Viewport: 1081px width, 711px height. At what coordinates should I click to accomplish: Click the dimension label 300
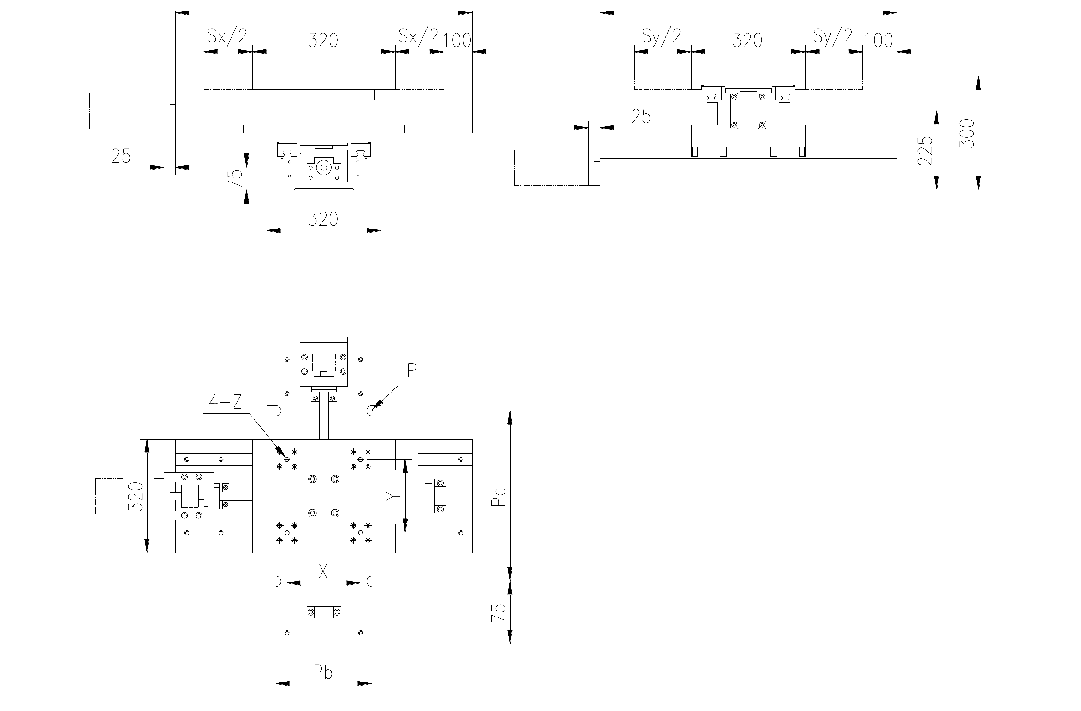pyautogui.click(x=967, y=133)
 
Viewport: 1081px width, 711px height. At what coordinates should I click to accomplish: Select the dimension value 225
pyautogui.click(x=925, y=150)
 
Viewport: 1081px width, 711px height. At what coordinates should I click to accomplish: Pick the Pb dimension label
pyautogui.click(x=323, y=672)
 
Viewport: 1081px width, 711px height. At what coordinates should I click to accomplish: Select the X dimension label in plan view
pyautogui.click(x=323, y=572)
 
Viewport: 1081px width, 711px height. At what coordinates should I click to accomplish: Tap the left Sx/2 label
pyautogui.click(x=227, y=35)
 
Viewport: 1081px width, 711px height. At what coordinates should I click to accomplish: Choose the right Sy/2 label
pyautogui.click(x=833, y=35)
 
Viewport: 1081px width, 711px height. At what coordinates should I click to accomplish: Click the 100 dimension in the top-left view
pyautogui.click(x=457, y=41)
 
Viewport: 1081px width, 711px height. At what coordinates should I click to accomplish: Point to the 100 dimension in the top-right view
pyautogui.click(x=879, y=41)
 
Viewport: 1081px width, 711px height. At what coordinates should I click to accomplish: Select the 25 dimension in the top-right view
pyautogui.click(x=641, y=117)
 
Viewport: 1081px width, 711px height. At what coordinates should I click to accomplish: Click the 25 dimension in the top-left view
pyautogui.click(x=121, y=157)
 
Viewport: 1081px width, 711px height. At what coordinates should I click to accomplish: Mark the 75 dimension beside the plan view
pyautogui.click(x=499, y=613)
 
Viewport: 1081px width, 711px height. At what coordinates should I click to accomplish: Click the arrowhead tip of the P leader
pyautogui.click(x=371, y=410)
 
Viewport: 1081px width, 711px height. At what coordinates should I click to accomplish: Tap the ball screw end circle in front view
pyautogui.click(x=324, y=168)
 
